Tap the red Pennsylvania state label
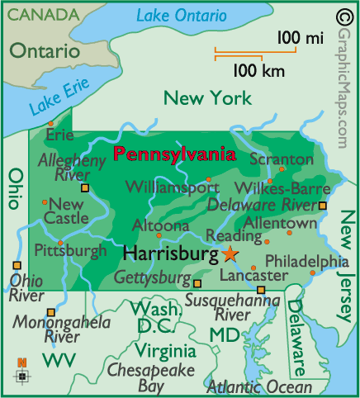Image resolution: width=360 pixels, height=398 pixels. pos(173,154)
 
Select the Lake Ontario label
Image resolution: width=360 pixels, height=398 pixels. pos(181,15)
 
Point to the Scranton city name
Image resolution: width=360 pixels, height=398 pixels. pos(281,159)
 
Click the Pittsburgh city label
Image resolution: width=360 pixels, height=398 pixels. pos(70,249)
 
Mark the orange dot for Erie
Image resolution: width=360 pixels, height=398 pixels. pos(50,123)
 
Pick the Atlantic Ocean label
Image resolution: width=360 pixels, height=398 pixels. pos(259,386)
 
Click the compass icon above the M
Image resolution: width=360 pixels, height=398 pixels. pos(22,376)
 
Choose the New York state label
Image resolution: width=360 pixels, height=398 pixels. pos(207,99)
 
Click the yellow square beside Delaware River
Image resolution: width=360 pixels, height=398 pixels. pos(323,205)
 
